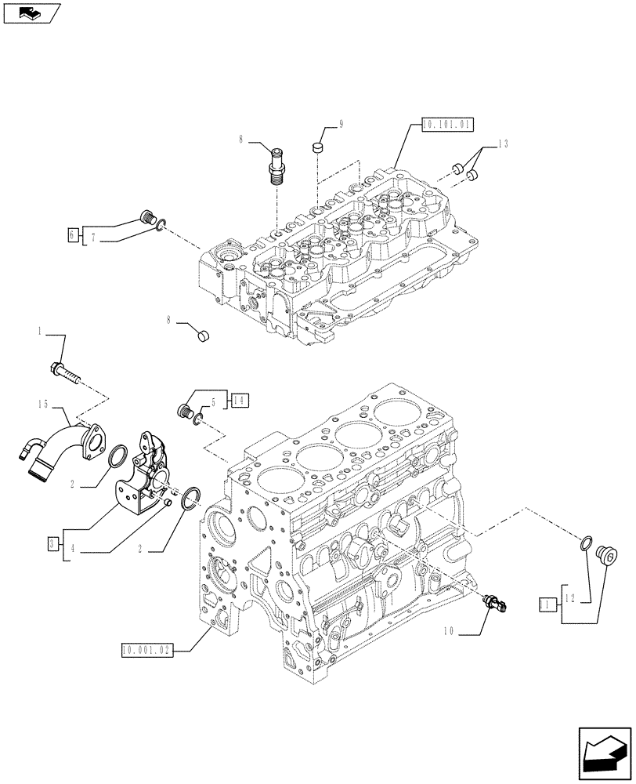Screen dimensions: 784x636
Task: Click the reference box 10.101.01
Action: tap(447, 124)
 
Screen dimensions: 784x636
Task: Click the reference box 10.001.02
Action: tap(146, 648)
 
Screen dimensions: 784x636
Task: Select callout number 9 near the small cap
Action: tap(341, 123)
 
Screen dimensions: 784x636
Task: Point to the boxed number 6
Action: tap(73, 234)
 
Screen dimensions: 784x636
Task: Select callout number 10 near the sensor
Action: tap(447, 629)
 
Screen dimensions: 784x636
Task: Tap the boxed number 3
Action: tap(51, 543)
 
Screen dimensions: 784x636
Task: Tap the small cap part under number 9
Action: tap(319, 147)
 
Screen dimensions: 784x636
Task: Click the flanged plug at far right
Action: tap(605, 554)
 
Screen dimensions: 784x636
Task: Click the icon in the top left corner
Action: tap(31, 11)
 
